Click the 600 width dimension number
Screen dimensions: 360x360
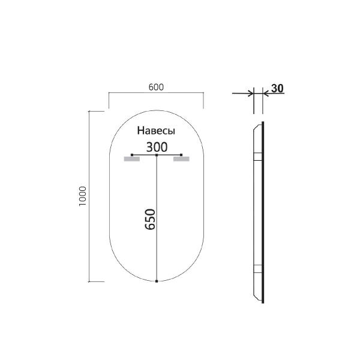coord(156,86)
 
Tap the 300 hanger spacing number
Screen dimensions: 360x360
coord(156,146)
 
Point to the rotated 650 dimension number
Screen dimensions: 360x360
coord(151,220)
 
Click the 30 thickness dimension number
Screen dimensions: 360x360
coord(277,88)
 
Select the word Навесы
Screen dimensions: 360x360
coord(155,130)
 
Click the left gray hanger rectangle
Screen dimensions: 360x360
coord(131,159)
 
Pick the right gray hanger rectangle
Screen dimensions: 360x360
coord(181,159)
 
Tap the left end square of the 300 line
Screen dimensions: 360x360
coord(132,155)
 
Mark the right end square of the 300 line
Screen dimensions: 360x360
coord(181,155)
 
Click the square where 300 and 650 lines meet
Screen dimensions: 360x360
coord(157,155)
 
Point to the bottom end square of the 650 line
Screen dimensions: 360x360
coord(157,281)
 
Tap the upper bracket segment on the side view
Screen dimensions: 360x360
coord(257,157)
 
